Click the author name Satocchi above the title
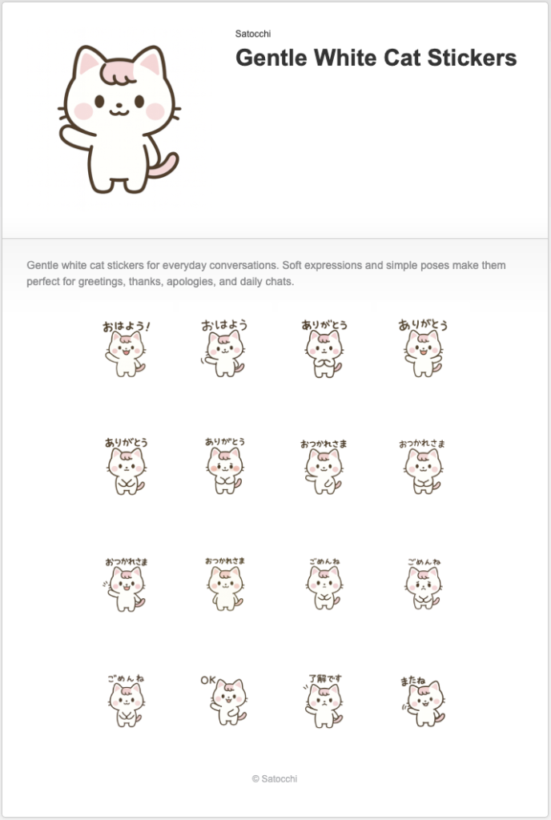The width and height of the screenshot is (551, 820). click(x=252, y=34)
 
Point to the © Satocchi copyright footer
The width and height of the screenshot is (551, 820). click(x=275, y=778)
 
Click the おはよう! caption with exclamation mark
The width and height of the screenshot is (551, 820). click(x=126, y=327)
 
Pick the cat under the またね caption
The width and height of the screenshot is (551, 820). click(x=423, y=705)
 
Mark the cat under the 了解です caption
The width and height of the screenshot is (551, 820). click(x=324, y=705)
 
